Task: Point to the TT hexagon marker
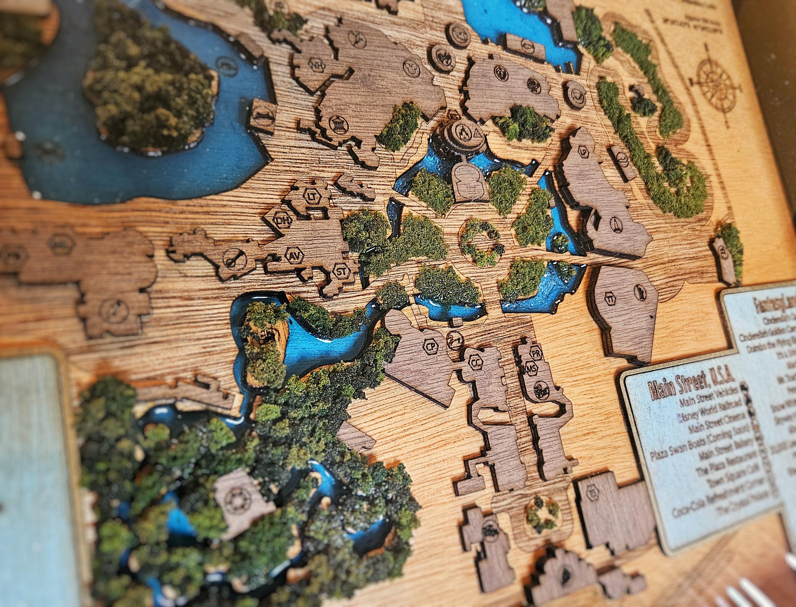[x=610, y=298]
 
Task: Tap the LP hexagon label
[x=582, y=152]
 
